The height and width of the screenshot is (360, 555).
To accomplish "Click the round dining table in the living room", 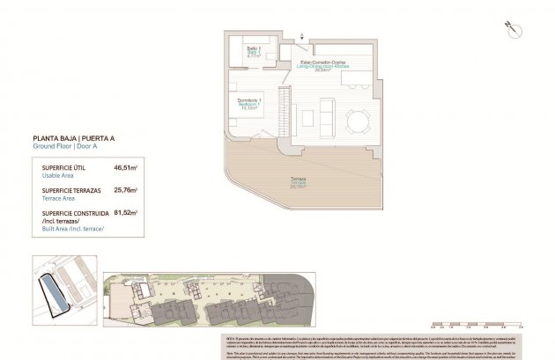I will coord(358,121).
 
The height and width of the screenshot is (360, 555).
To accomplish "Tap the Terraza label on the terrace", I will coord(298,182).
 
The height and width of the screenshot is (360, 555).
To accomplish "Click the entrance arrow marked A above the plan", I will coord(301,36).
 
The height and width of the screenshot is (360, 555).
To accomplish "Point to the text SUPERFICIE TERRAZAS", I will coord(70,189).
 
